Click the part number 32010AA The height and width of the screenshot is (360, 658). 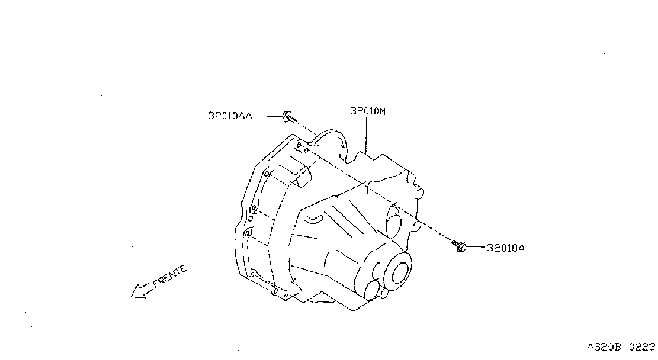click(x=230, y=116)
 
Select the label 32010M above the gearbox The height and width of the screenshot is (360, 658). click(x=368, y=111)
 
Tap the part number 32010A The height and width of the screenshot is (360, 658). click(x=505, y=248)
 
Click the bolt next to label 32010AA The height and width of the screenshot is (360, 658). click(x=289, y=117)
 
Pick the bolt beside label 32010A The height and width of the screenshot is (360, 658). click(x=459, y=246)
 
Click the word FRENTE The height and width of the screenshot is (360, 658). click(x=170, y=276)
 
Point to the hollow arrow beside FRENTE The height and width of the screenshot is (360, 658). click(x=141, y=291)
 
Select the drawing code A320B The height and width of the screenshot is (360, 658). click(x=604, y=347)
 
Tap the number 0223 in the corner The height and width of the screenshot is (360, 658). click(x=642, y=347)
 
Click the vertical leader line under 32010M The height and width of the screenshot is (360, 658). click(x=366, y=136)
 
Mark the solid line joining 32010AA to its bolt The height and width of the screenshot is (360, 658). click(x=272, y=116)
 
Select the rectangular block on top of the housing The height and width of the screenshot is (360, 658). click(x=302, y=176)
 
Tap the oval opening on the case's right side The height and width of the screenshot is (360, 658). click(x=394, y=222)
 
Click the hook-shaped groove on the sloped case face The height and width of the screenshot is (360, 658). click(x=314, y=219)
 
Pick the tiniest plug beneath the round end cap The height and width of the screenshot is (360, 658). click(x=384, y=293)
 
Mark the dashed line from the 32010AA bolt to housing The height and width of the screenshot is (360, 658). click(x=306, y=129)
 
